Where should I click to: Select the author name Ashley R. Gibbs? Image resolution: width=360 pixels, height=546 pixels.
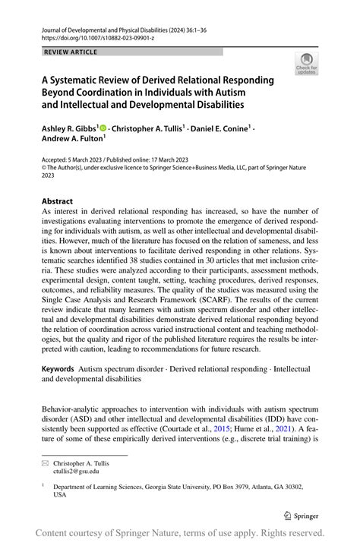(x=67, y=130)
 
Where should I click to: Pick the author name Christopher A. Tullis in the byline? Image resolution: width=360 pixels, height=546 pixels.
(x=147, y=130)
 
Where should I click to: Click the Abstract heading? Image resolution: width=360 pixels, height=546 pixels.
(x=58, y=201)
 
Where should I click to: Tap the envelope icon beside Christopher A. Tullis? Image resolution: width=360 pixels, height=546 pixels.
(x=46, y=462)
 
